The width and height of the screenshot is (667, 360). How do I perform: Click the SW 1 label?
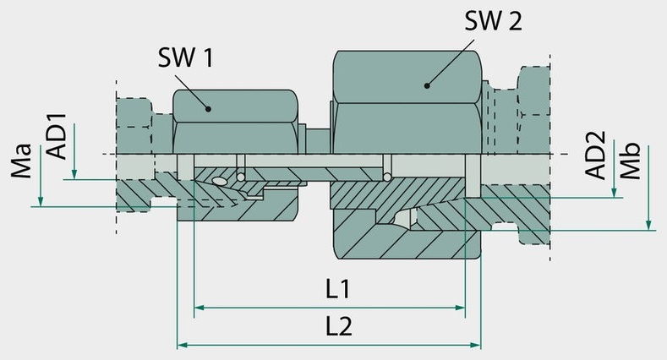click(185, 57)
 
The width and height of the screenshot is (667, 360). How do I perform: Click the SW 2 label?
click(493, 20)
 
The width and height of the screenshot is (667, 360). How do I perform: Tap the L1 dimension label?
click(338, 289)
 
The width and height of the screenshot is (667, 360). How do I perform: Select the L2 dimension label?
click(339, 326)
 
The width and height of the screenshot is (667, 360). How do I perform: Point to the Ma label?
click(22, 161)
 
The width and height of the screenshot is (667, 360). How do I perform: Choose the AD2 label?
click(594, 155)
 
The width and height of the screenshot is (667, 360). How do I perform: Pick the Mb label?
click(630, 161)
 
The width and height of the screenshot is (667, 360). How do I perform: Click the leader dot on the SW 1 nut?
click(209, 109)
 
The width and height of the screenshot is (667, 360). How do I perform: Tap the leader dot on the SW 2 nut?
click(427, 85)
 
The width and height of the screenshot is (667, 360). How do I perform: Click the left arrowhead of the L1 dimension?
click(199, 308)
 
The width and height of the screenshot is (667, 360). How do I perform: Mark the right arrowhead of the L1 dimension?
click(460, 308)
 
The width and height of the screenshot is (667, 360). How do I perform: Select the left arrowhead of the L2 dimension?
click(183, 345)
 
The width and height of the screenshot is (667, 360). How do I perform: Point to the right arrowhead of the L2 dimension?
click(476, 345)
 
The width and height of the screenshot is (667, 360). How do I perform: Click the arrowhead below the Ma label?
click(41, 201)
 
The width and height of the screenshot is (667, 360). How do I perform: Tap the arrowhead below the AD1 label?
click(74, 174)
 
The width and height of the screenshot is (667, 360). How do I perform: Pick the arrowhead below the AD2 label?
click(614, 193)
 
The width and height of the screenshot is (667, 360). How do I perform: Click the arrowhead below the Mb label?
click(648, 225)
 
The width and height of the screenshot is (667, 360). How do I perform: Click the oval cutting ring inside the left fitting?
click(220, 182)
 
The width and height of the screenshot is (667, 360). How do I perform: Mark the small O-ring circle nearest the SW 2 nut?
click(387, 177)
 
